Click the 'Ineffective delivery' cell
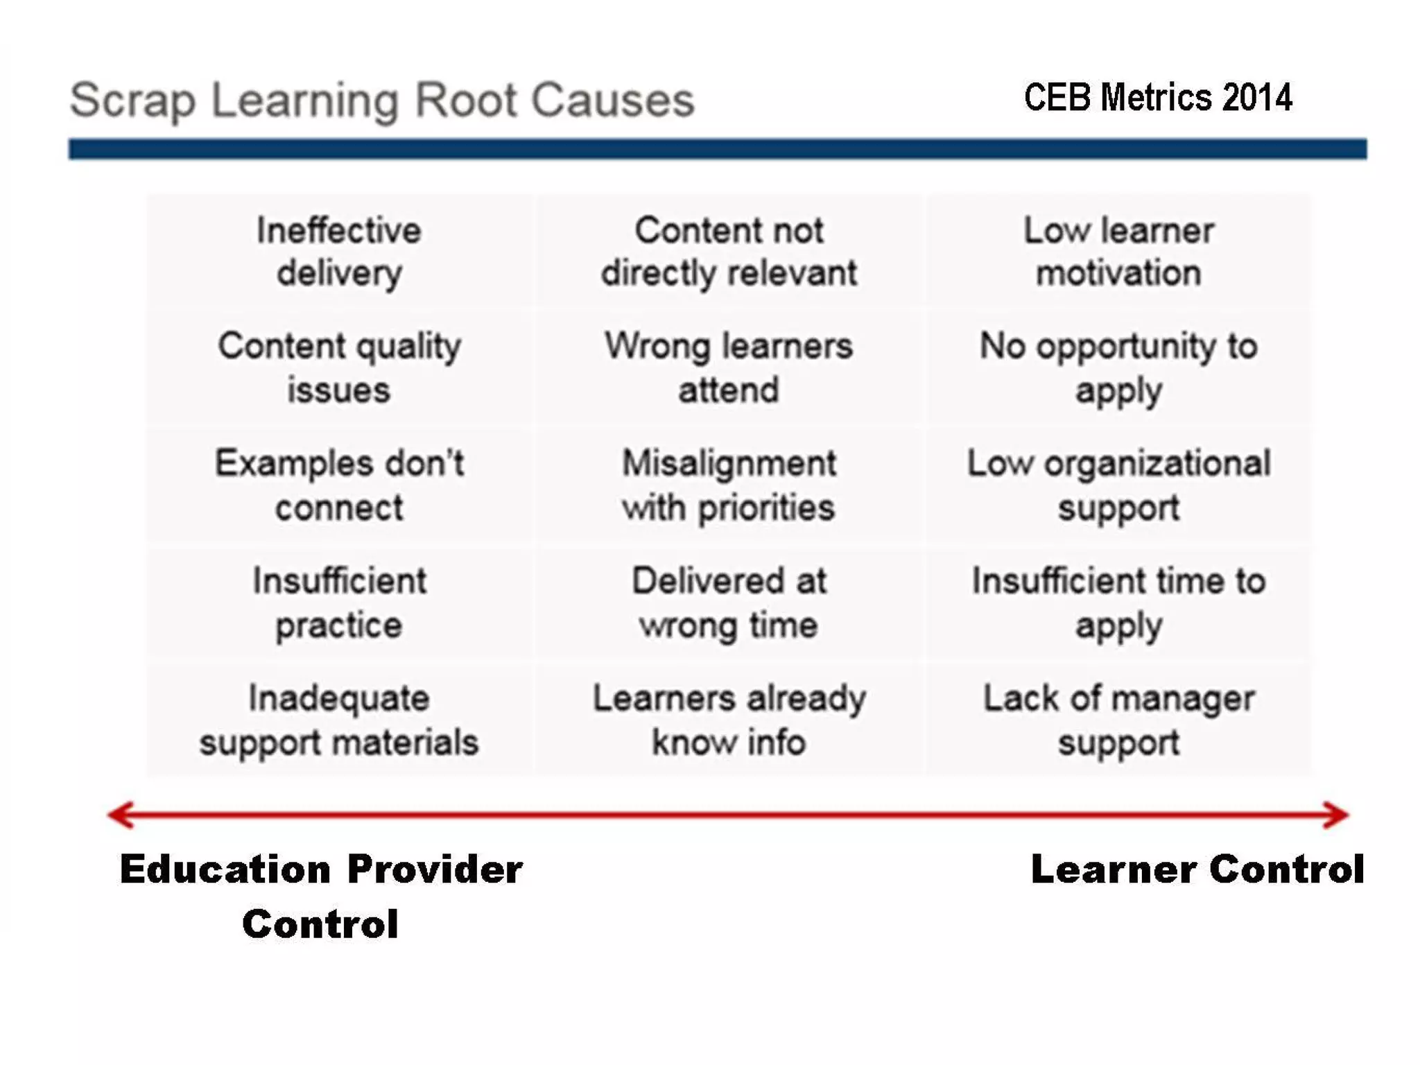coord(339,251)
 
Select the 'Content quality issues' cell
coord(339,367)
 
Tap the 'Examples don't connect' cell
coord(339,485)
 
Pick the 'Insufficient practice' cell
coord(339,603)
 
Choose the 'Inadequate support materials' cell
coord(339,720)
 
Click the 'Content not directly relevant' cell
coord(729,251)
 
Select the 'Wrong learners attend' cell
coord(729,367)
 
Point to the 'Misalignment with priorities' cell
coord(729,485)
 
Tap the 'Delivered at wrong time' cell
coord(729,603)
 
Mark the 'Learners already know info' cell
coord(729,720)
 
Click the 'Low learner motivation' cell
coord(1118,251)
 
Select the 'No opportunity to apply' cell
coord(1118,367)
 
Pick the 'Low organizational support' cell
coord(1118,485)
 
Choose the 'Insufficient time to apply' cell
coord(1118,603)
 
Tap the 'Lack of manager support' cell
coord(1118,720)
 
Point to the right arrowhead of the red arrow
coord(1337,815)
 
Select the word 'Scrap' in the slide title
coord(132,101)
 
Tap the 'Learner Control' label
coord(1197,869)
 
